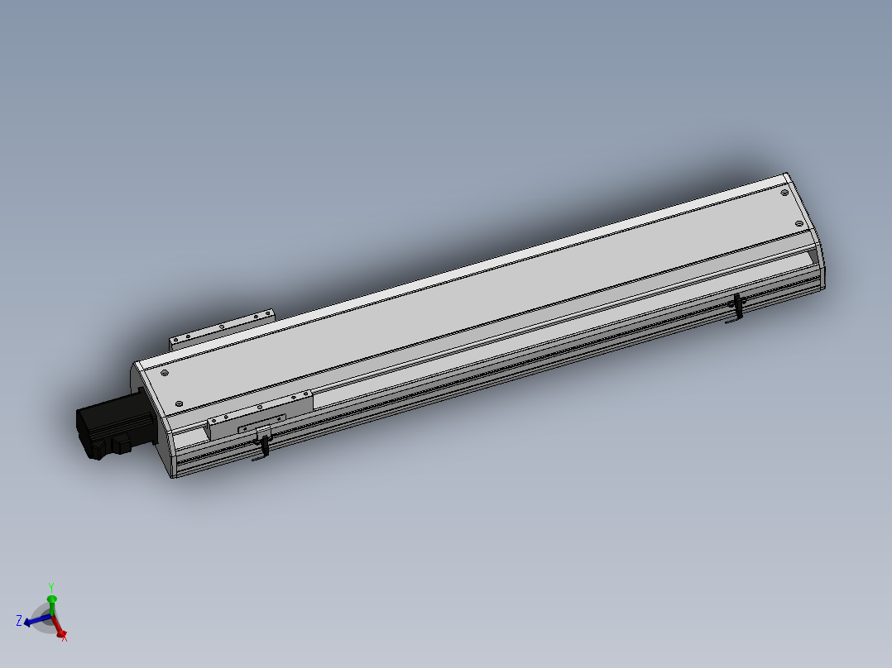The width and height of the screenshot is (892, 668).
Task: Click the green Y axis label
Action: click(51, 588)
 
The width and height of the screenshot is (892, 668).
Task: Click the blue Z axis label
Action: click(18, 620)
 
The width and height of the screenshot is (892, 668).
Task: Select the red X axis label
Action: click(65, 637)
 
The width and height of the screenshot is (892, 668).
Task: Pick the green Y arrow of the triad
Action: click(51, 601)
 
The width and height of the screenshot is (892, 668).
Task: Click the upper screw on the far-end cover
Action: click(784, 193)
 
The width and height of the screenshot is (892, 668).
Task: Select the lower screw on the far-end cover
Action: click(798, 224)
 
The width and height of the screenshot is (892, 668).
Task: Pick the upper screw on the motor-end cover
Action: click(165, 373)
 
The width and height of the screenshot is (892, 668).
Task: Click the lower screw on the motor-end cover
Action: click(180, 403)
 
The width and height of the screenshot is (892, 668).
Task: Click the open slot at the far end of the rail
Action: click(807, 262)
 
